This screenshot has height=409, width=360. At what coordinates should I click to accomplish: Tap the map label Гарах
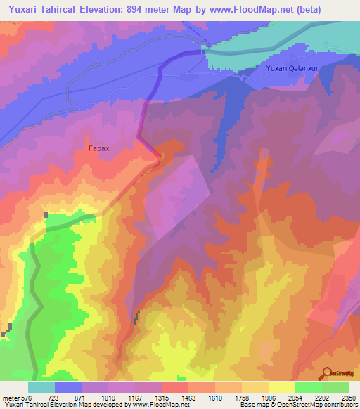pos(98,149)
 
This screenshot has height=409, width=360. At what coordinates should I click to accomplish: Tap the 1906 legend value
pos(259,398)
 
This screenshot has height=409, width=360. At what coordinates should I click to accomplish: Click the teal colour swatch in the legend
pos(41,387)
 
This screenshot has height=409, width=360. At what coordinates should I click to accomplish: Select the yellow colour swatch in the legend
pos(281,387)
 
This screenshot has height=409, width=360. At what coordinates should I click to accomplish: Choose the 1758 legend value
pos(233,398)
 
